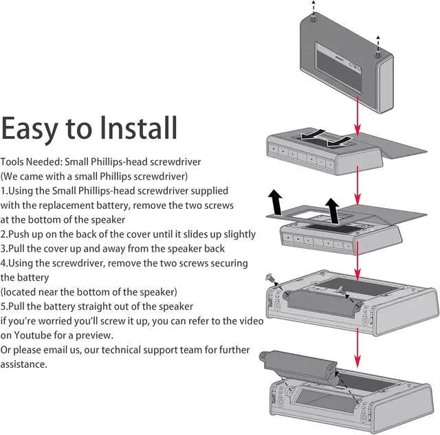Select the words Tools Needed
31,161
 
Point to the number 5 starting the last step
3,306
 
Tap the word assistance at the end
24,364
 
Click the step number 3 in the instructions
3,248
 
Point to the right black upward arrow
333,209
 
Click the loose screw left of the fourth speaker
270,279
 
